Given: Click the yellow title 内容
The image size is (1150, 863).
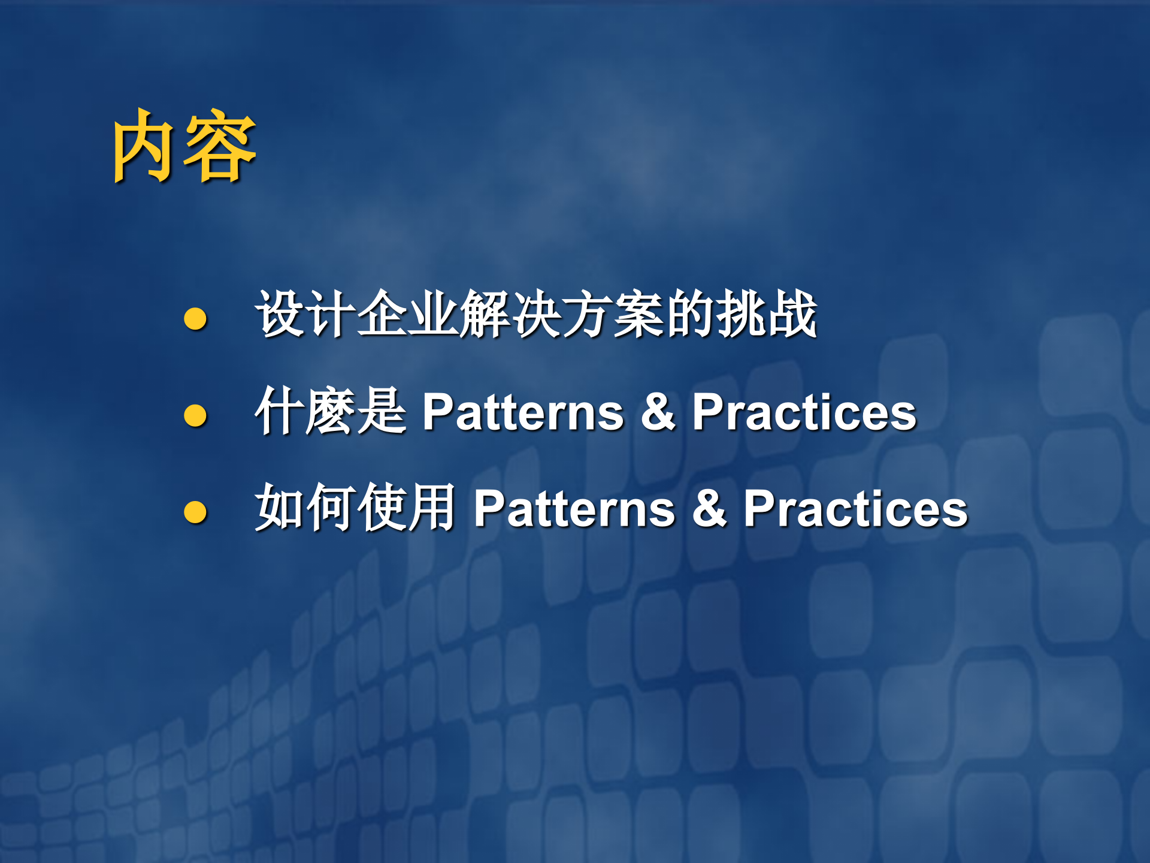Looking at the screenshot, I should tap(184, 147).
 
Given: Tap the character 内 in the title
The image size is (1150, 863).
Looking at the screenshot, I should tap(147, 147).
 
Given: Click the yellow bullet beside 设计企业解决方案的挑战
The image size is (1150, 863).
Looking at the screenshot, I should tap(195, 318).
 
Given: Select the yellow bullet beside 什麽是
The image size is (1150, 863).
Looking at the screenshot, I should tap(195, 415).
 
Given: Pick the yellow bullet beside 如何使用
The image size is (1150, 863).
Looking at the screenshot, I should tap(195, 511).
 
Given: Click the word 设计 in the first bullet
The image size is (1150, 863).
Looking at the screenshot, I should tap(305, 314).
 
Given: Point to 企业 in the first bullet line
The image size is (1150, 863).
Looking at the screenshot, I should tap(408, 314).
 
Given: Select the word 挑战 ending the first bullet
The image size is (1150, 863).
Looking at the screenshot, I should tap(767, 314).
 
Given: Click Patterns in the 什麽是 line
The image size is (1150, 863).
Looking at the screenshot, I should tap(523, 412).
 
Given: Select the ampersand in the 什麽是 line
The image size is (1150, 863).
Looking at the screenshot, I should tap(658, 412).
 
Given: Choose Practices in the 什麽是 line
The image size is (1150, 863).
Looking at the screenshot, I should tap(804, 412).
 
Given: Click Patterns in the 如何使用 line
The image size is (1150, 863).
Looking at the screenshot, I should tap(574, 509).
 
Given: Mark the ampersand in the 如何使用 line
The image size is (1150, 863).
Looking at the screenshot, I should tap(709, 509).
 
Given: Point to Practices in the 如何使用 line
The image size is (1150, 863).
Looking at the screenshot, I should tap(855, 509).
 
